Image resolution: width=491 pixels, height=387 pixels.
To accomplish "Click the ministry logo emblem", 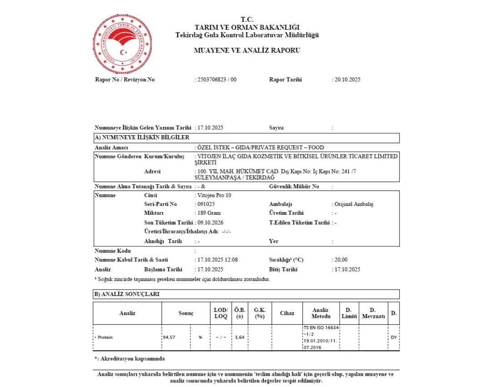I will coord(122,44).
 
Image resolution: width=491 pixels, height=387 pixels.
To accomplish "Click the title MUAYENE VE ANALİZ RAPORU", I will coord(247,50).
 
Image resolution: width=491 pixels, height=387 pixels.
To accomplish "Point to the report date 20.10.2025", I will coord(347,80).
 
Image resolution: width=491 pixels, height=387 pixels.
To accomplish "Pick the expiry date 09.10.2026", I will coord(210,223).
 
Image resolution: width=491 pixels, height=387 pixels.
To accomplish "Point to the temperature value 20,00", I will coord(341,260).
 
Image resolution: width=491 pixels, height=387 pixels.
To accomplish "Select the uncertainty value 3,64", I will coord(239,338).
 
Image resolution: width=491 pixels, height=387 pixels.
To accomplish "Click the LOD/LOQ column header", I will coord(220,313).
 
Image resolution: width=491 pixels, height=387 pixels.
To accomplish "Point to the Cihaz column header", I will coord(287,313).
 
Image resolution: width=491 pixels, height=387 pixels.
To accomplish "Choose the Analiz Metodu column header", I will coord(321,313).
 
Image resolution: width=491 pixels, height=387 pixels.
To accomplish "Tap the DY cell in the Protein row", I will coord(394,338).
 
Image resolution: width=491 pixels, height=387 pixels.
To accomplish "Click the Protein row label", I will coord(105,337).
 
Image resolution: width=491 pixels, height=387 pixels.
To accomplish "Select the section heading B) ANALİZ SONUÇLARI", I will coord(127,295).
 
